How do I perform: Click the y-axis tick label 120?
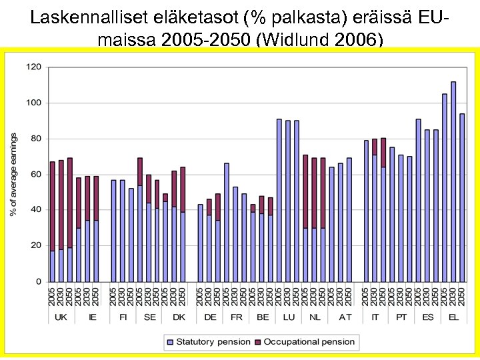click(x=33, y=67)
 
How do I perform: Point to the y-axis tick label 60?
click(x=35, y=174)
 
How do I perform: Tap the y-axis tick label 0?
click(x=38, y=281)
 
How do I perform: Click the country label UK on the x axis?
click(x=61, y=317)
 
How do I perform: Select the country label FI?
click(x=123, y=317)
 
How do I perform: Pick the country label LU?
click(x=288, y=317)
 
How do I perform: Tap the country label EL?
click(x=453, y=317)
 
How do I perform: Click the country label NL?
click(x=314, y=317)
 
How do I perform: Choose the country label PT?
click(x=401, y=317)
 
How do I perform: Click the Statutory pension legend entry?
click(x=209, y=342)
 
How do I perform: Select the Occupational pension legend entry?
click(x=309, y=342)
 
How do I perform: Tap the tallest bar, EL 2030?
click(x=453, y=181)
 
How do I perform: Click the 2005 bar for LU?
click(x=279, y=200)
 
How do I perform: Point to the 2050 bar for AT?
click(x=349, y=219)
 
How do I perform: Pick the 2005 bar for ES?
click(x=418, y=200)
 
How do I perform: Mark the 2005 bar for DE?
click(x=200, y=243)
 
